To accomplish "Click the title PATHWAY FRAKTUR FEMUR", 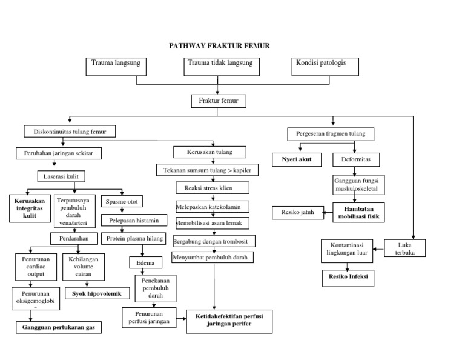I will pos(219,46).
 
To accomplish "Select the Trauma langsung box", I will pos(116,67).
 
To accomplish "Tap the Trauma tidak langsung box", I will pos(220,67).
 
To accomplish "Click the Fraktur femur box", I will pos(219,101).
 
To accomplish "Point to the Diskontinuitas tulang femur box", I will pos(70,131).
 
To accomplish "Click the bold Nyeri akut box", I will pos(297,160).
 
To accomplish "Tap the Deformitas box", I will pos(356,160).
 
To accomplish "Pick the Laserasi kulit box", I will pos(61,176).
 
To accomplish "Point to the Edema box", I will pos(145,263).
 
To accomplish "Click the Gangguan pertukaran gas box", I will pos(58,327).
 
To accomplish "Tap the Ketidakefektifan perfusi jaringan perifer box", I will pos(229,320).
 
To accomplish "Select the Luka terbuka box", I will pos(405,248).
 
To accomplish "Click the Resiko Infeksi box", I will pos(348,278).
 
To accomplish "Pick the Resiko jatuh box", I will pos(294,212).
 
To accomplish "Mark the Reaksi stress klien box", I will pos(209,187).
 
